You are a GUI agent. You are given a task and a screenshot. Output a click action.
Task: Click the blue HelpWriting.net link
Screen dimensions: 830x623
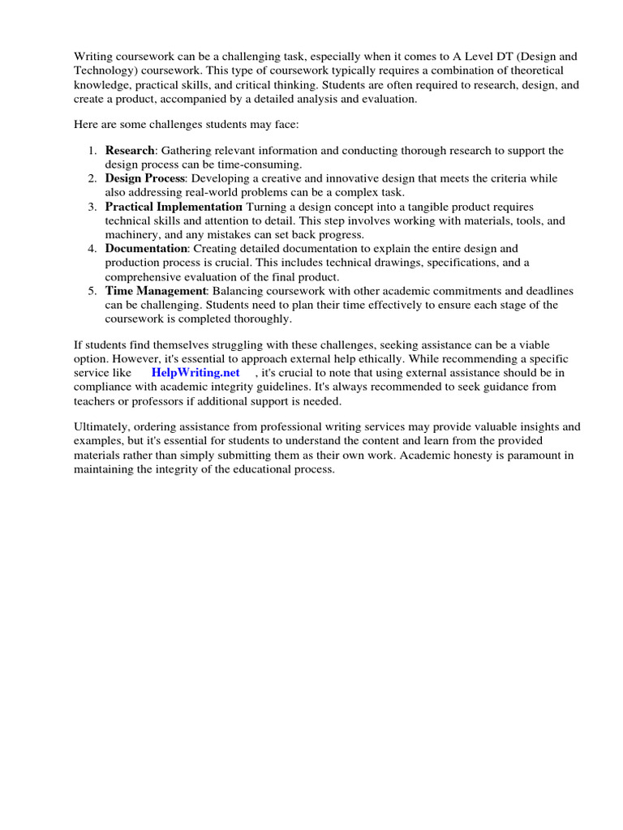point(195,373)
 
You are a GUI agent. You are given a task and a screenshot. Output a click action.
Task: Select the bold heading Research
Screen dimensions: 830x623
point(130,151)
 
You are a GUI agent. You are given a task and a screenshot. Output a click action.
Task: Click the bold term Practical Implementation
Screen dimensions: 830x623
point(174,207)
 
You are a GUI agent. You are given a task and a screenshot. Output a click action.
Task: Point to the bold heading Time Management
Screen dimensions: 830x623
point(156,291)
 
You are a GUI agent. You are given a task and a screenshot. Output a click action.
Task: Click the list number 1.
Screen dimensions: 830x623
point(92,151)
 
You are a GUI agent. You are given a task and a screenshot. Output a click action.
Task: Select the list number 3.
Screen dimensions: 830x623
point(92,207)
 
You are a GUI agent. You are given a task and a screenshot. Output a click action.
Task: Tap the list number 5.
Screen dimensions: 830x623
point(92,291)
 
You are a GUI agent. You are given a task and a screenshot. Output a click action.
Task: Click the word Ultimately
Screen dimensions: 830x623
point(101,426)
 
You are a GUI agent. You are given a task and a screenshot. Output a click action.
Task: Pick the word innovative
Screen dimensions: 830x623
point(341,178)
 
